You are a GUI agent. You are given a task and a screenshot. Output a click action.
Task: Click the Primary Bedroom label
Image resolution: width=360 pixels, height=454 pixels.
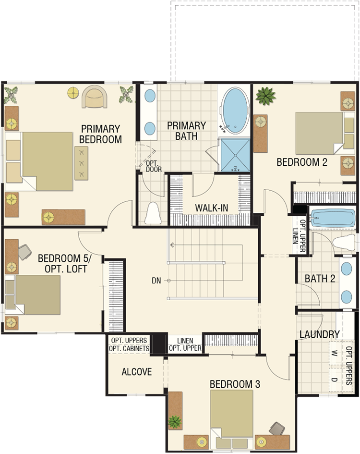click(100, 134)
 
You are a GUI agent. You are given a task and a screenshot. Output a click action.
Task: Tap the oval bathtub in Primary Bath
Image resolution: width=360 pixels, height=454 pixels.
click(234, 110)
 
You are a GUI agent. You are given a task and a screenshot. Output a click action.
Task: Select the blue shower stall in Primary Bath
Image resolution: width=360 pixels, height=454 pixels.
click(235, 155)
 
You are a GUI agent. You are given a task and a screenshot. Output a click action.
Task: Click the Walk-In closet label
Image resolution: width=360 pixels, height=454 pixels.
click(212, 208)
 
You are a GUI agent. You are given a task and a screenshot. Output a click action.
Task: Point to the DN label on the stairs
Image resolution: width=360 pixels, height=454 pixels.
click(156, 280)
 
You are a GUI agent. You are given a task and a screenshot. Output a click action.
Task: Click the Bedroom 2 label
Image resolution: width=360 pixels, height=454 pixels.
click(302, 162)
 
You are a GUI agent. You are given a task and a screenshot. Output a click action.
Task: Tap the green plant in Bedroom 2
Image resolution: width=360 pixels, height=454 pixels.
click(265, 96)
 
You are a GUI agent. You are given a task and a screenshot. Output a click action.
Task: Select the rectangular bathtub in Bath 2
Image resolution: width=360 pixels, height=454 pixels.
click(333, 218)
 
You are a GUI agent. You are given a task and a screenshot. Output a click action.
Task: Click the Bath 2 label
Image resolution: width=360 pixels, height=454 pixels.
click(320, 279)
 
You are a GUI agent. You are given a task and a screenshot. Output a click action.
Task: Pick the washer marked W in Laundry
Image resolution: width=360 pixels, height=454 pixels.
click(335, 353)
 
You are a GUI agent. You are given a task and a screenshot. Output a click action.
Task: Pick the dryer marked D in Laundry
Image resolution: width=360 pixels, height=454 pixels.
click(335, 380)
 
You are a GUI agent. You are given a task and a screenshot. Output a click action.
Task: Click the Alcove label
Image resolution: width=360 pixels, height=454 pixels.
click(137, 372)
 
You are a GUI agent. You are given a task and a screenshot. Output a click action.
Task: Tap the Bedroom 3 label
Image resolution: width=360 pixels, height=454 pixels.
click(235, 384)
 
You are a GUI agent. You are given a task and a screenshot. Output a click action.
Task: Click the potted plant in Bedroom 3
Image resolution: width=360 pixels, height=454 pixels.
click(175, 422)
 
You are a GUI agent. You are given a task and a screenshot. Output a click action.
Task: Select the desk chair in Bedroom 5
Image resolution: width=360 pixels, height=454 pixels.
click(25, 252)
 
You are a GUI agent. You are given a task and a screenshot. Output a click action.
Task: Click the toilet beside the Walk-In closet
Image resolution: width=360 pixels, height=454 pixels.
click(153, 213)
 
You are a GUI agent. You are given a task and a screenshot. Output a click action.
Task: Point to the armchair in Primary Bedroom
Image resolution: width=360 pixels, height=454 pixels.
click(95, 97)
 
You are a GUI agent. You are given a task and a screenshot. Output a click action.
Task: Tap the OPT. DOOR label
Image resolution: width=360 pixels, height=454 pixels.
click(154, 167)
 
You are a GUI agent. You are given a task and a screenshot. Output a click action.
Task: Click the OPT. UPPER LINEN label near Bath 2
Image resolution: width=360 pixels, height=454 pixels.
click(299, 236)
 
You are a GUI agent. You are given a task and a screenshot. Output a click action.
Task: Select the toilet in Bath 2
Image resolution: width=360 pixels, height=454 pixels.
click(344, 243)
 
